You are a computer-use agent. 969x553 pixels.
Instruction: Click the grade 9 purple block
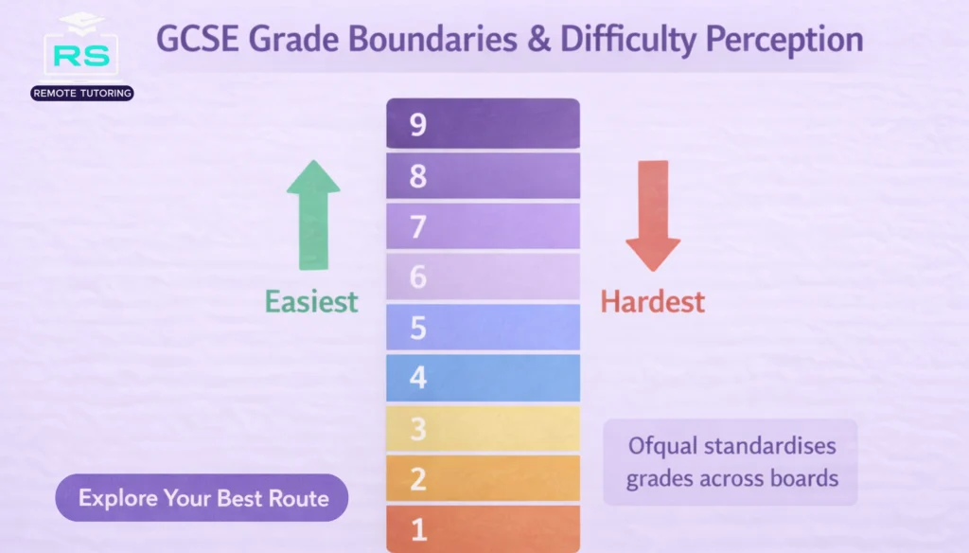tap(483, 123)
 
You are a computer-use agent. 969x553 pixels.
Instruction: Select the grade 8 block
tap(483, 175)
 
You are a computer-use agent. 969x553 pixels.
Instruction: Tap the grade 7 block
tap(483, 226)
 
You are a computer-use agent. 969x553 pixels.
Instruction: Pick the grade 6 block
tap(483, 276)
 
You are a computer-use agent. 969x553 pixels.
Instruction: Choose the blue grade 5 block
tap(483, 328)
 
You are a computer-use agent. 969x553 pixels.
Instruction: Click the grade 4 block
tap(483, 378)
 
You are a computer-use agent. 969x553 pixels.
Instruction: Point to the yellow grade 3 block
tap(483, 428)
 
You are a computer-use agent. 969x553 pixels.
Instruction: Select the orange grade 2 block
tap(483, 478)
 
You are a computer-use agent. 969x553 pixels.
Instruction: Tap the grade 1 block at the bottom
tap(483, 528)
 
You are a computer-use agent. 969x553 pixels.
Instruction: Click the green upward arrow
tap(313, 215)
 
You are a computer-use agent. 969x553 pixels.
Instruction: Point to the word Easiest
tap(311, 301)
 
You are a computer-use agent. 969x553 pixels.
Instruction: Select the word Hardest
tap(653, 302)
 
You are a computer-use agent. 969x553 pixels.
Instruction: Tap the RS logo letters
tap(81, 56)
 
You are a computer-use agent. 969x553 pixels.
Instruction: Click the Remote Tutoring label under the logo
tap(81, 93)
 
